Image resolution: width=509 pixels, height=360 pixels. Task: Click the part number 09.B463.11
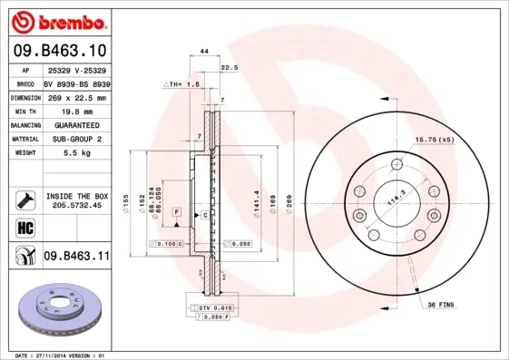point(76,257)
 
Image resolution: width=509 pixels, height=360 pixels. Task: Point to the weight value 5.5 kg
point(75,154)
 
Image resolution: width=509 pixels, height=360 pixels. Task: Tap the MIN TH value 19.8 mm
point(75,111)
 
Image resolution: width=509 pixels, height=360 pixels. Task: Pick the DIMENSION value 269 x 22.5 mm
point(76,97)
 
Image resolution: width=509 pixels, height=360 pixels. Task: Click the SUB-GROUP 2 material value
point(76,140)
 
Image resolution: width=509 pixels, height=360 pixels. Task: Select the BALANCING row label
point(24,125)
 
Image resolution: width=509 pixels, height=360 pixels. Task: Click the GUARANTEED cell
point(76,125)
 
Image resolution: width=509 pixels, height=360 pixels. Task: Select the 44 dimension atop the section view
point(205,53)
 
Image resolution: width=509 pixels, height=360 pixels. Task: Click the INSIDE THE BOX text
point(77,196)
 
